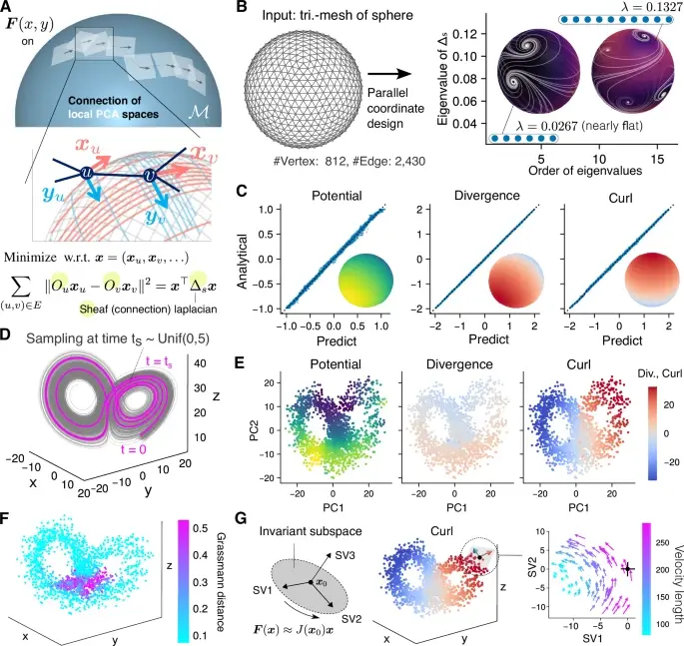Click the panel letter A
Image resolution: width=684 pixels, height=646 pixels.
click(8, 9)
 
